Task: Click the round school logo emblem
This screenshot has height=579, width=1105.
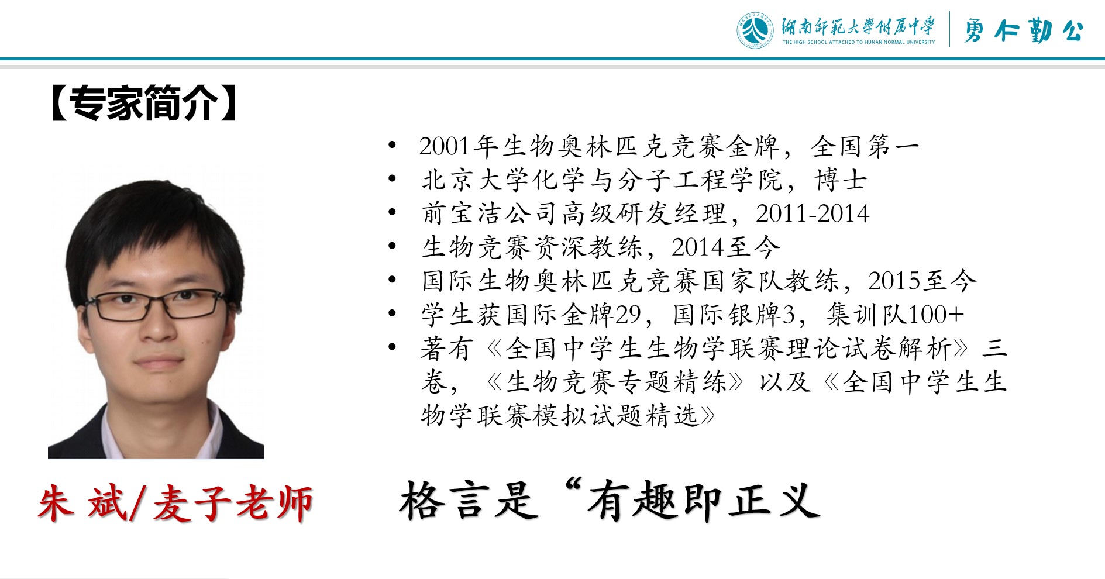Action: [755, 30]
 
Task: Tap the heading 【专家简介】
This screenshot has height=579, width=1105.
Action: [144, 103]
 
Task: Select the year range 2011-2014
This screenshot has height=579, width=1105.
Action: [813, 213]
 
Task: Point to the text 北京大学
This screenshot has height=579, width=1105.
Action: [477, 180]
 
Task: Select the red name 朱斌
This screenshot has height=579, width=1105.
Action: [82, 503]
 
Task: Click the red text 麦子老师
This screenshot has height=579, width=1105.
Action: [233, 503]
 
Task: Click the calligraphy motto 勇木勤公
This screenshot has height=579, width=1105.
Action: [1024, 30]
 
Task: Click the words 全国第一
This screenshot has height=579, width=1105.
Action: [865, 146]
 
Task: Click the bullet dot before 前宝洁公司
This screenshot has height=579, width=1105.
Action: [393, 212]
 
